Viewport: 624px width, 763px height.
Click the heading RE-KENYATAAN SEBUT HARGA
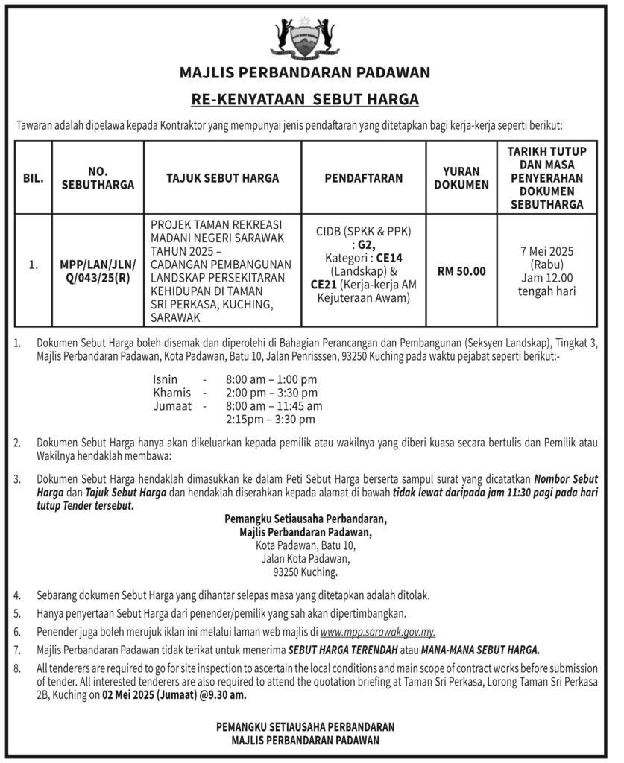305,98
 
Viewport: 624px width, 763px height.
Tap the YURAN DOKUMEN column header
461,178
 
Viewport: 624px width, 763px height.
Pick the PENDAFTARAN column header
363,178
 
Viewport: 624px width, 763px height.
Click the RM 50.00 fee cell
461,271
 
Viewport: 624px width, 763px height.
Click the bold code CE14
388,257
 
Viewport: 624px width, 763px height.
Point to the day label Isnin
165,379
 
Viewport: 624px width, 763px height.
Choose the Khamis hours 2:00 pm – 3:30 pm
266,392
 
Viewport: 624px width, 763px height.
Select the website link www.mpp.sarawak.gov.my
377,633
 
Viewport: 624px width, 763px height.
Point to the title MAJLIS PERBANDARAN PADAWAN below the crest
305,73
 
